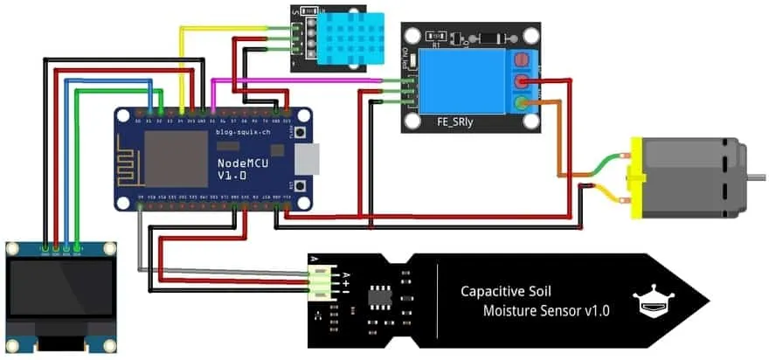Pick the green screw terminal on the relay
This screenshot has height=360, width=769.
523,105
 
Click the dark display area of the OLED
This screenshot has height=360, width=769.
61,287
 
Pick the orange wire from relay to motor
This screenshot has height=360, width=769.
559,140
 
